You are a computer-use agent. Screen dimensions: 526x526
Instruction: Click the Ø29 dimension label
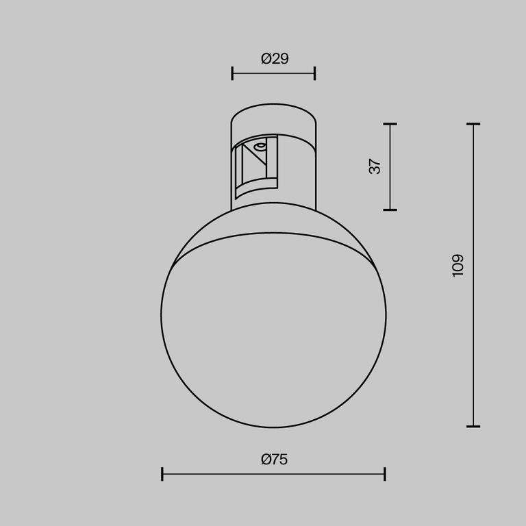[x=275, y=59]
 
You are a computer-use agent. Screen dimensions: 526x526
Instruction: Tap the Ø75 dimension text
[x=274, y=460]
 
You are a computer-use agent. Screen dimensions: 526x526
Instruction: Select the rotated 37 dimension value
[x=375, y=166]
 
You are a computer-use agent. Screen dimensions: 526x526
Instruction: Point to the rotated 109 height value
[x=458, y=265]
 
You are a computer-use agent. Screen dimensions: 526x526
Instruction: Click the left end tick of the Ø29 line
[x=232, y=73]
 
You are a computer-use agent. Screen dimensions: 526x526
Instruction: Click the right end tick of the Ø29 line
[x=315, y=73]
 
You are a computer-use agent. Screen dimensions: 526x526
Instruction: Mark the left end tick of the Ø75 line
[x=162, y=473]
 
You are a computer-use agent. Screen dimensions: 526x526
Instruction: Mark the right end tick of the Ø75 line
[x=385, y=473]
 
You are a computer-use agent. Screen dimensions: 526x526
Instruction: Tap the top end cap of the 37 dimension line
[x=390, y=124]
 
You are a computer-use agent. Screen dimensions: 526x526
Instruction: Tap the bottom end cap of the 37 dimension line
[x=390, y=210]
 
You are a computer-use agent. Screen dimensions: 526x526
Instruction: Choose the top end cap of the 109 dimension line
[x=473, y=124]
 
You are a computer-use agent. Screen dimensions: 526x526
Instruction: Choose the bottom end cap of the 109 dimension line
[x=473, y=426]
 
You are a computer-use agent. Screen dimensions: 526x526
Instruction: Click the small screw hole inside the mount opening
[x=260, y=147]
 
